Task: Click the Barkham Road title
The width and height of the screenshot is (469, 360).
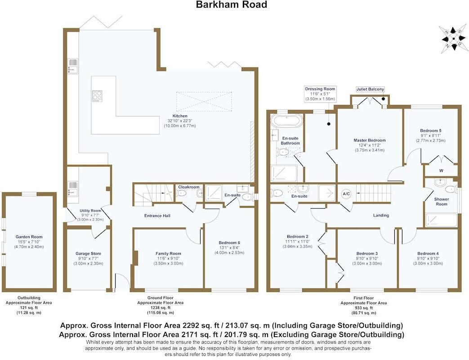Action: point(231,5)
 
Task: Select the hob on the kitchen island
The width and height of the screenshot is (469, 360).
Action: point(97,95)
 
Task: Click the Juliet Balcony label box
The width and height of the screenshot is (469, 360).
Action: point(370,89)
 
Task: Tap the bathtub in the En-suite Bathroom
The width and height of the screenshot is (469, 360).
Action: point(287,121)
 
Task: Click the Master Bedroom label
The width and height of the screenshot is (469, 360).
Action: point(370,140)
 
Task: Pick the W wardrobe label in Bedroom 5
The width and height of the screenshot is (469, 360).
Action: point(441,171)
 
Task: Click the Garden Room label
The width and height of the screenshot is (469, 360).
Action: point(29,236)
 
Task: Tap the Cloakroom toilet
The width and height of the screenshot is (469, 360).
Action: point(181,193)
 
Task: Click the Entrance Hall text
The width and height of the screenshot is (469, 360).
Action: point(157,216)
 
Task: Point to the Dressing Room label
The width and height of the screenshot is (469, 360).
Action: point(320,89)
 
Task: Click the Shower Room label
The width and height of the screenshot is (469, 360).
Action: point(441,201)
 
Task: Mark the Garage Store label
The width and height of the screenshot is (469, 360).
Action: point(88,253)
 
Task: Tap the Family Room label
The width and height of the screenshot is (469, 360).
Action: point(168,253)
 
